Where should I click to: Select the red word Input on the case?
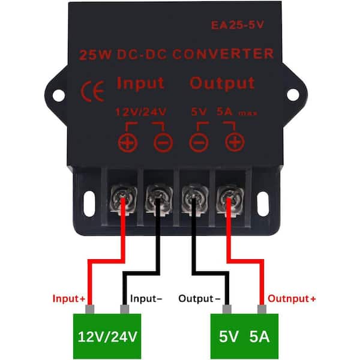click(x=140, y=83)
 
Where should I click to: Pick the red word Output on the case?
click(x=222, y=83)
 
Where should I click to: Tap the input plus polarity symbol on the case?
click(x=127, y=142)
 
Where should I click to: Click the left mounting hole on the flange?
click(x=58, y=94)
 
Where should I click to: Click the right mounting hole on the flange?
click(x=292, y=94)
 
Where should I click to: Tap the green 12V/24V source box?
click(x=109, y=334)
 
